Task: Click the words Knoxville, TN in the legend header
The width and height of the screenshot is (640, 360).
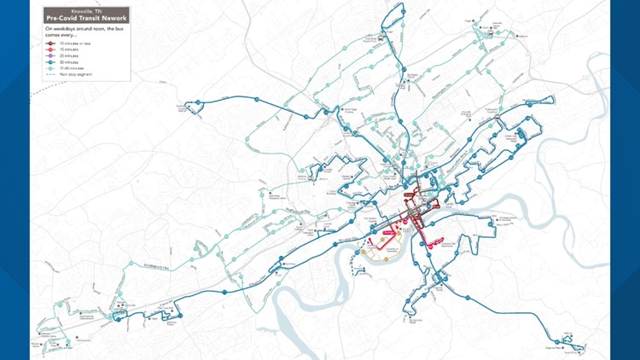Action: pyautogui.click(x=86, y=10)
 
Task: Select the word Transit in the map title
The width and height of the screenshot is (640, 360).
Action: pyautogui.click(x=89, y=17)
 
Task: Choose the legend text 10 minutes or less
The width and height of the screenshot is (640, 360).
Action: pyautogui.click(x=74, y=43)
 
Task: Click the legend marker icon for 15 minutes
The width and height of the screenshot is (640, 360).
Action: pyautogui.click(x=50, y=49)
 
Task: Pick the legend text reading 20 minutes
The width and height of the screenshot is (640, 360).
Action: pyautogui.click(x=70, y=55)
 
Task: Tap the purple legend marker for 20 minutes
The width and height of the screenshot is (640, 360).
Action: pyautogui.click(x=50, y=55)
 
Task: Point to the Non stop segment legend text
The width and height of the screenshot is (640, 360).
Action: pyautogui.click(x=75, y=73)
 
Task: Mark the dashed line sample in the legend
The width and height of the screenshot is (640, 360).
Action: pyautogui.click(x=50, y=73)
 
